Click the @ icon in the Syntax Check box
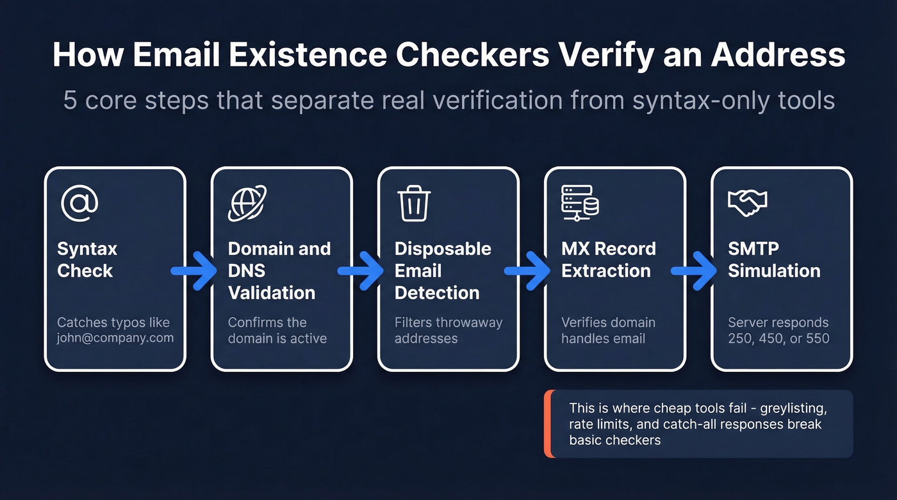click(x=79, y=203)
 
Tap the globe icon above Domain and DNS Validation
click(x=247, y=203)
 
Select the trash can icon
click(x=414, y=203)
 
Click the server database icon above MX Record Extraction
click(x=580, y=203)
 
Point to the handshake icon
click(x=748, y=202)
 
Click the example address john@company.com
click(x=115, y=338)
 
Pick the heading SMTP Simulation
click(x=774, y=259)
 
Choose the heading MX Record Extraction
click(x=609, y=259)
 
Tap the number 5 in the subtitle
click(x=70, y=101)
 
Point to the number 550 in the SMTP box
click(x=818, y=338)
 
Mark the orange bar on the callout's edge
click(x=547, y=424)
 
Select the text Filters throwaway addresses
click(x=448, y=330)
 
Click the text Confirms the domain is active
click(x=277, y=330)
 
